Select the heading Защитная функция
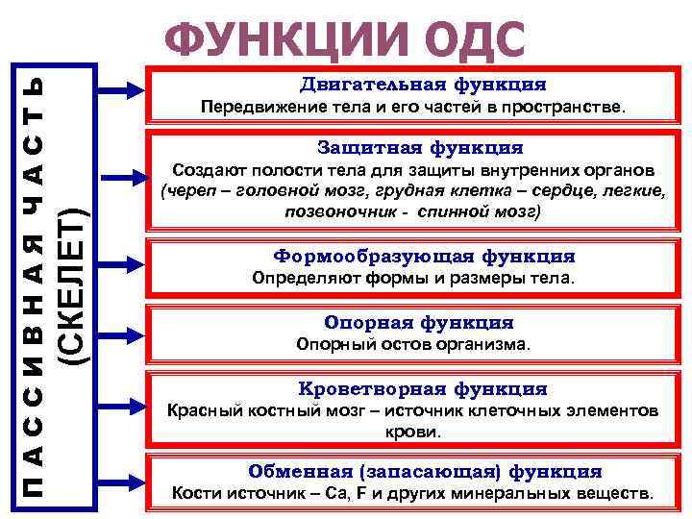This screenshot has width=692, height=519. (420, 148)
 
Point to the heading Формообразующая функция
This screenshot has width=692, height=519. (424, 257)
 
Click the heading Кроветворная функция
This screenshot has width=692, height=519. (422, 389)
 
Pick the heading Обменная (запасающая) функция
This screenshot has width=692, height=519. (424, 472)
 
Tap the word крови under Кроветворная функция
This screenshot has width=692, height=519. (413, 432)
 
